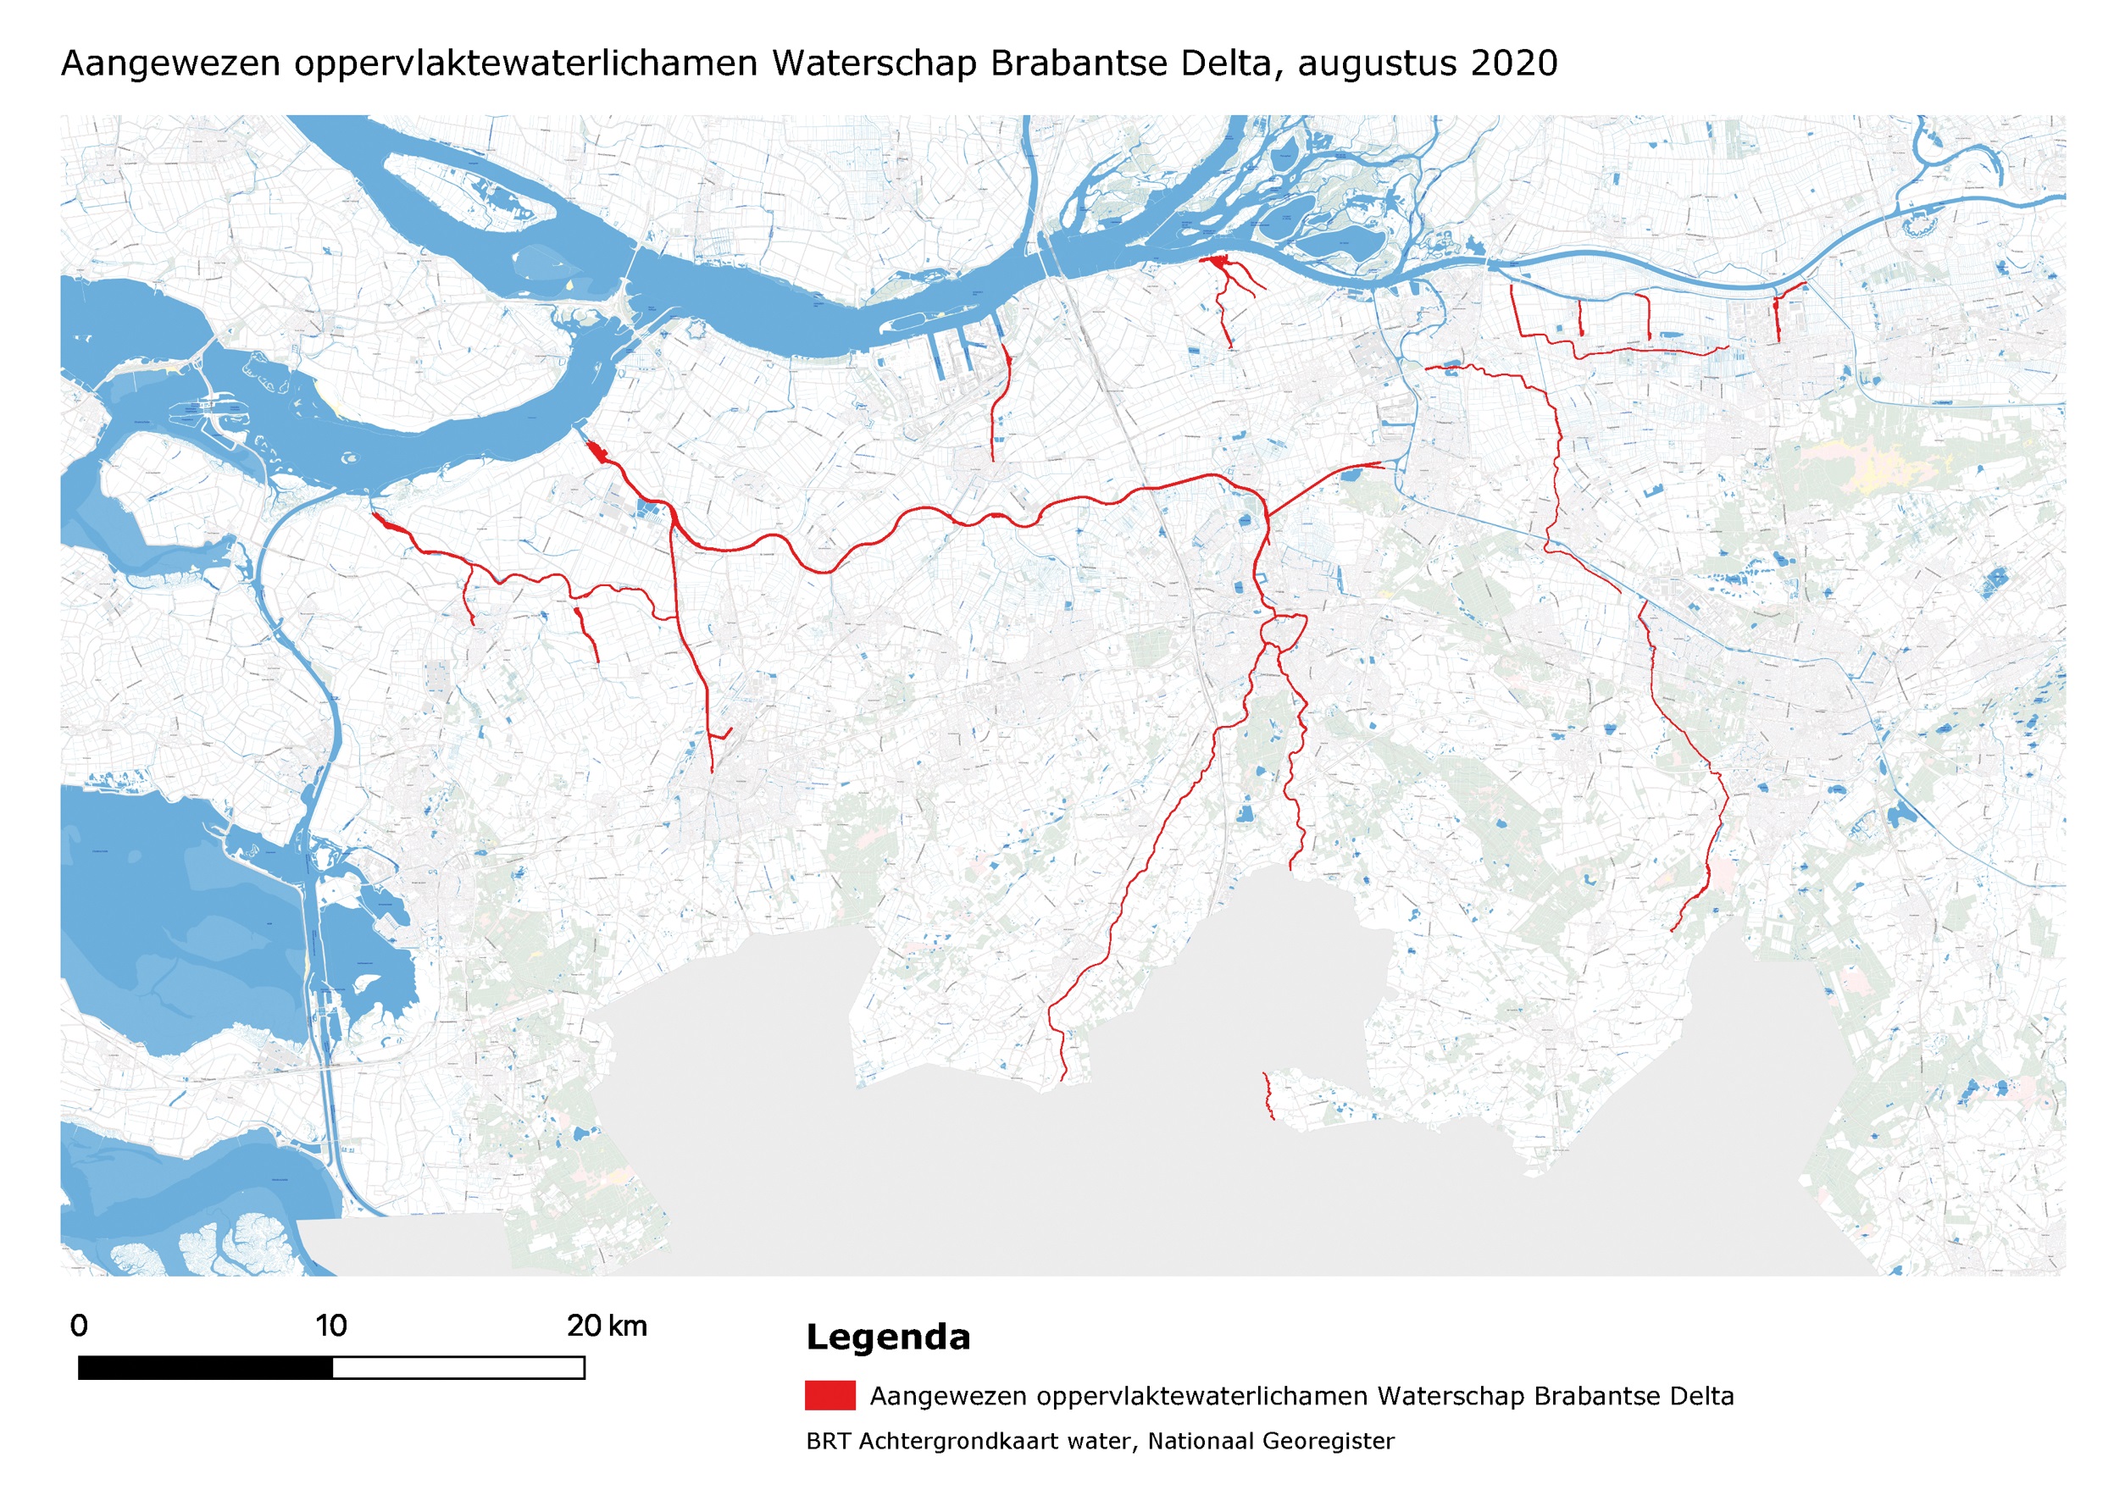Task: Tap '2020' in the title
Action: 1513,64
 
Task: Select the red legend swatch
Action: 829,1395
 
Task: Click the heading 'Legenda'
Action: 888,1338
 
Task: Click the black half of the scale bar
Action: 205,1368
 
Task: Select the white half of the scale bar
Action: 458,1368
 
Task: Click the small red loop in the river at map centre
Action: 1284,631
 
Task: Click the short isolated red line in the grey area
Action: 1267,1097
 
